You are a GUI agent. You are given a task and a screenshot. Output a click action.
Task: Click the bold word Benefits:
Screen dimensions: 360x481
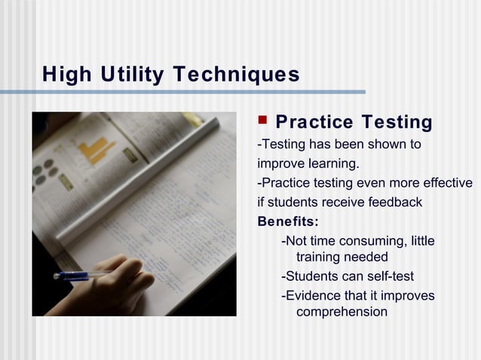click(288, 222)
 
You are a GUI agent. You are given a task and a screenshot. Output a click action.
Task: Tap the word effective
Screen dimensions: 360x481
click(448, 183)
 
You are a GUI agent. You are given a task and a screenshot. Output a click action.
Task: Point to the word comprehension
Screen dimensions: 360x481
click(342, 312)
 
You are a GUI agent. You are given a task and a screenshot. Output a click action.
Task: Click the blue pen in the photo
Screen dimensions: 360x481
click(79, 275)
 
